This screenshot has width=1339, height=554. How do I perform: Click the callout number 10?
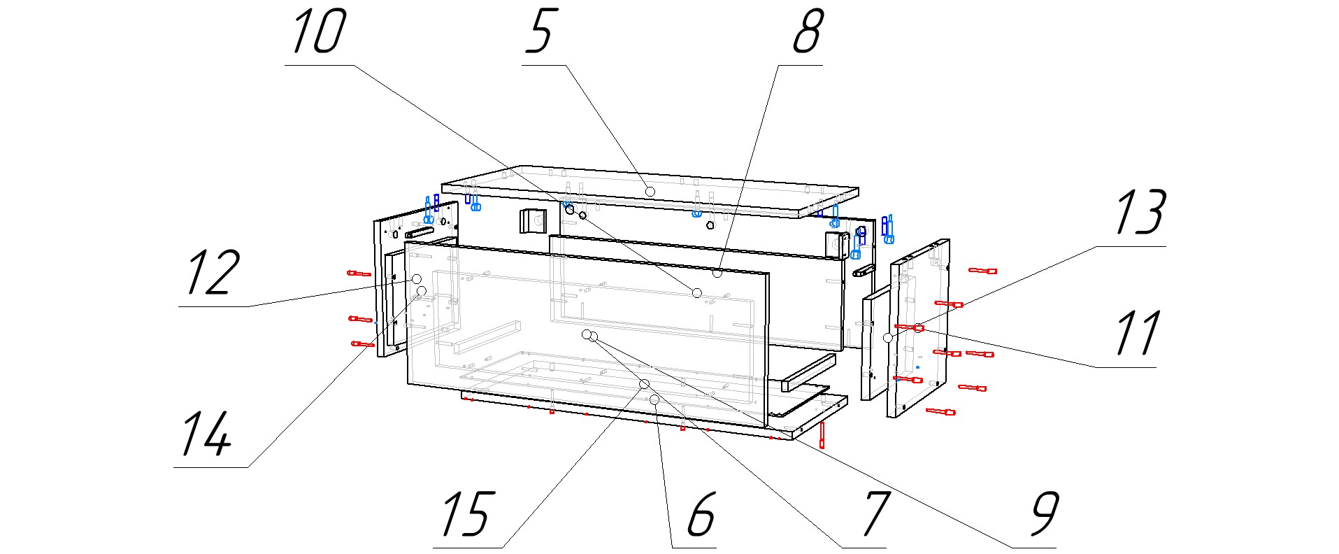pos(318,32)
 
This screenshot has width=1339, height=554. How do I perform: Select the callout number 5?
pos(540,32)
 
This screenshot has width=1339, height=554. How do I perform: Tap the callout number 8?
pos(808,32)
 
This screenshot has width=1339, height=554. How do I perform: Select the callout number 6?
pos(701,514)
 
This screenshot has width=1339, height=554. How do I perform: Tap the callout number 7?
pos(875,514)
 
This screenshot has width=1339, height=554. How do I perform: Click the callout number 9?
pos(1045,514)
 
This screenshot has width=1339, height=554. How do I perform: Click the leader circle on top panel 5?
pos(650,191)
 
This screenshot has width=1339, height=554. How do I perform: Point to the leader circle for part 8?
pos(717,273)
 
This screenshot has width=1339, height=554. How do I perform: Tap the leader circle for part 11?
pos(888,338)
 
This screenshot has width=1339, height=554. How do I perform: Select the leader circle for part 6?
pos(655,399)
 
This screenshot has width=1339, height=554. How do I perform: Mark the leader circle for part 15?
pos(644,384)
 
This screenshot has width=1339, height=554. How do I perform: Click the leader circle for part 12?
pos(417,278)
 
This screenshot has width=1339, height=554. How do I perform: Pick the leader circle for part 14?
pos(422,290)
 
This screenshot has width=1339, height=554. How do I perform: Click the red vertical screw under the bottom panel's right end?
pos(823,435)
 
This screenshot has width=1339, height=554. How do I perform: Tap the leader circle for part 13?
pos(919,327)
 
